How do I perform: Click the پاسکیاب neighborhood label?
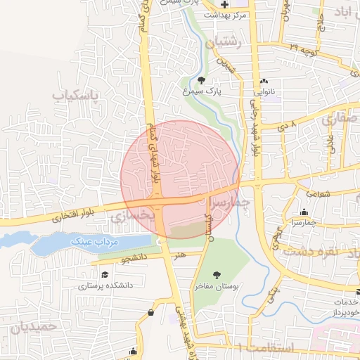coord(78,93)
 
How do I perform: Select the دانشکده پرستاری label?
coord(105,285)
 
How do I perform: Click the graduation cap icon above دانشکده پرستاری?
coord(105,274)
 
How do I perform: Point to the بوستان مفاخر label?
coord(218,286)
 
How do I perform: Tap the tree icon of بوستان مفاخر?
coord(217,274)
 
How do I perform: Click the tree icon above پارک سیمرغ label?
coord(202,81)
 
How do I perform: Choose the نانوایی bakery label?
coord(263,91)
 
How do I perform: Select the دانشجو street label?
coord(133,259)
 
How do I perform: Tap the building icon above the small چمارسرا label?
coord(304,212)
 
